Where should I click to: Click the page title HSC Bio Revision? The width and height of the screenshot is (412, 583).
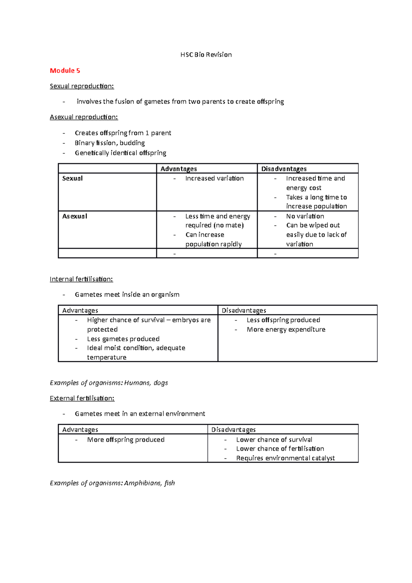tap(206, 55)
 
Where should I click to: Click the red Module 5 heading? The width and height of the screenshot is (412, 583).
tap(65, 70)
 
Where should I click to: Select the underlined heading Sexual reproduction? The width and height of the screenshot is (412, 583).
tap(82, 86)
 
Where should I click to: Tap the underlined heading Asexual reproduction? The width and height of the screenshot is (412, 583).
tap(84, 117)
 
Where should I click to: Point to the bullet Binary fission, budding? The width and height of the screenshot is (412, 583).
tap(110, 143)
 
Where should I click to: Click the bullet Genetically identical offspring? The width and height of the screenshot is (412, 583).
tap(120, 153)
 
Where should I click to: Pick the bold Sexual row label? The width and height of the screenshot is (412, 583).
tap(72, 178)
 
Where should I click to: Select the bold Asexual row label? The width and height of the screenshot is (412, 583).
tap(75, 216)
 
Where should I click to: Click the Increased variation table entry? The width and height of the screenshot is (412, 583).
tap(214, 178)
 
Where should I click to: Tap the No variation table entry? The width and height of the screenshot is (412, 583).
tap(305, 216)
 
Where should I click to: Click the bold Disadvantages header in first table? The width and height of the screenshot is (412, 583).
tap(284, 169)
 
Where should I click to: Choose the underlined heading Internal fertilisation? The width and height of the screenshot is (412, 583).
tap(81, 279)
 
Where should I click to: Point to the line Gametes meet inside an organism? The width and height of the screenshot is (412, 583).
tap(127, 294)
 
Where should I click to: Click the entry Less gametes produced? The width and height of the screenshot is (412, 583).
tap(123, 339)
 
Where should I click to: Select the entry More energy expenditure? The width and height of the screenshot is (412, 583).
tap(286, 329)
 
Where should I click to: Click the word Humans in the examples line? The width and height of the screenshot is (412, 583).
tap(137, 382)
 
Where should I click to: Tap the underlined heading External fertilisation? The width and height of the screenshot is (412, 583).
tap(82, 398)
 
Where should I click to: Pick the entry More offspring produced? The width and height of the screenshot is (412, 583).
tap(126, 439)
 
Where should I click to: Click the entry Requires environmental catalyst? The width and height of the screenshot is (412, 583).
tap(285, 458)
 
